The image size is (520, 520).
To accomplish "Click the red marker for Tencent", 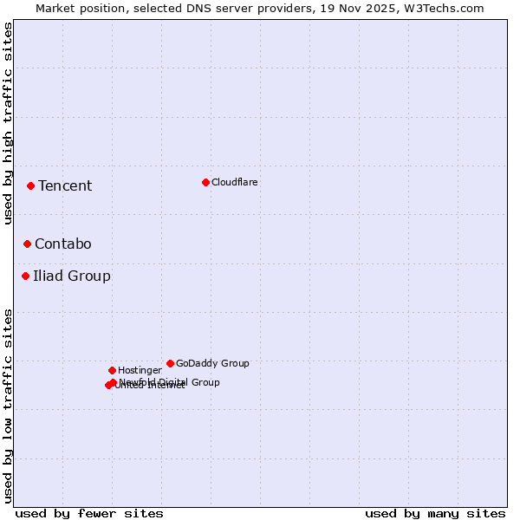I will click(30, 185).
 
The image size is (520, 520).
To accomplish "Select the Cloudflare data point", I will click(205, 182).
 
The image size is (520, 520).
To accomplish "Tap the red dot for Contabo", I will click(27, 244).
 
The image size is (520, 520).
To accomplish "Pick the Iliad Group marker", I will click(25, 276).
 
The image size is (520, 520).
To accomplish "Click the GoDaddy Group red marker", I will click(170, 363).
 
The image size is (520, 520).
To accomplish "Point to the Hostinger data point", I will click(112, 370).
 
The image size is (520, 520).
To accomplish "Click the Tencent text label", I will click(65, 185).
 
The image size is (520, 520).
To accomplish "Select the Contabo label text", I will click(63, 244).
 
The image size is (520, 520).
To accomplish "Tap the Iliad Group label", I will click(72, 276).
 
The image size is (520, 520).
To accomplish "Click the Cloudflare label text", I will click(235, 182).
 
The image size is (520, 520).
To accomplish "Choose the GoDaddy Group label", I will click(212, 363).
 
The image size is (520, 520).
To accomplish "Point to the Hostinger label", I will click(140, 370).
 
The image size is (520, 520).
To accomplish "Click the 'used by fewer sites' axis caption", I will click(89, 513).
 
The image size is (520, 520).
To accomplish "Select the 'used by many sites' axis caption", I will click(435, 513).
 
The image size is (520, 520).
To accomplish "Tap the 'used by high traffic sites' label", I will click(8, 124).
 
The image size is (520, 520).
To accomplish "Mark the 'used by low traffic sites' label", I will click(8, 405).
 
